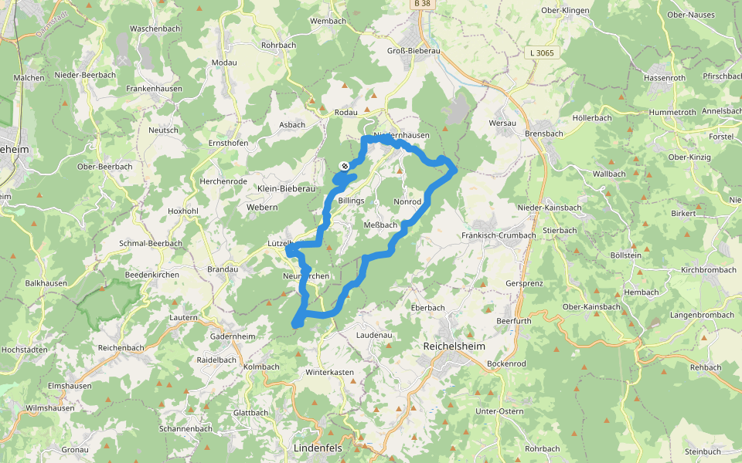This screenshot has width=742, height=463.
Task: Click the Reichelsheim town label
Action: (454, 346)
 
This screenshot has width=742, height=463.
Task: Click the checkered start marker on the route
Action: (344, 166)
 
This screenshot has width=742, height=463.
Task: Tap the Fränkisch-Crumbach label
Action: (499, 235)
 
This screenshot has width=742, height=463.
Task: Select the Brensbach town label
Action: (544, 133)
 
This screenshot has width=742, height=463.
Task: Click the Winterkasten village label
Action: (329, 372)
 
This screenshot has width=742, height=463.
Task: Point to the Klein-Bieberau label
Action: (287, 188)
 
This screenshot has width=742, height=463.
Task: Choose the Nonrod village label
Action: (407, 201)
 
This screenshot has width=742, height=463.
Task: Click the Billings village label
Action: (351, 201)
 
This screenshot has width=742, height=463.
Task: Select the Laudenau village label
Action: (375, 335)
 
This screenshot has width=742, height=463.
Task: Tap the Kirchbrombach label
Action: (709, 271)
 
